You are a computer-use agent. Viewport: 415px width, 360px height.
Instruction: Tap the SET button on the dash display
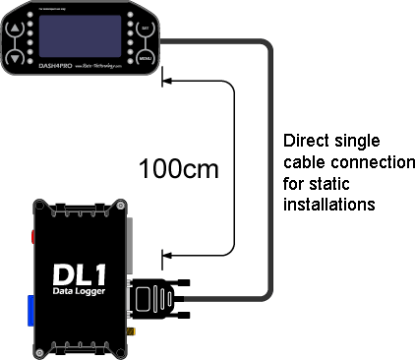tap(146, 30)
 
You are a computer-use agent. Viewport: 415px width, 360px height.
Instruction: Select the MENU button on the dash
tap(146, 59)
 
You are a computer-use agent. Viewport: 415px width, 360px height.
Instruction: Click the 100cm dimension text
tap(177, 166)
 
